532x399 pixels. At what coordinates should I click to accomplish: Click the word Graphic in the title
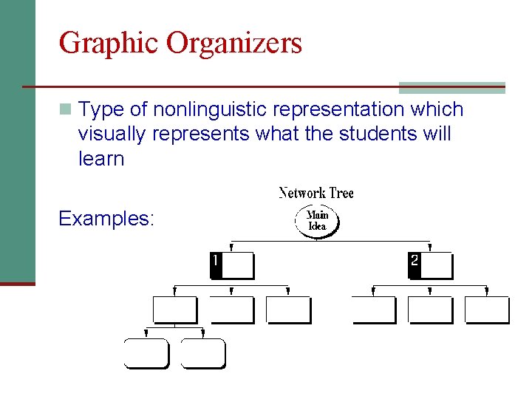[109, 43]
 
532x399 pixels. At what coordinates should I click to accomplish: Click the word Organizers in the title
[234, 43]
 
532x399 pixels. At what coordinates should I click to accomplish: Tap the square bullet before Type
[66, 110]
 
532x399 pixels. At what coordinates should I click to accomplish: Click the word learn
[101, 159]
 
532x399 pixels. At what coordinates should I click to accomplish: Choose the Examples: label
[106, 219]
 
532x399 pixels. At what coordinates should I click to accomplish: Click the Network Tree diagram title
[316, 194]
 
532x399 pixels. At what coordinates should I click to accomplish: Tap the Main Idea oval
[317, 221]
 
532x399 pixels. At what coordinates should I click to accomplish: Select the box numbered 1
[232, 265]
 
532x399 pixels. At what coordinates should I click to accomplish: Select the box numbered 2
[431, 265]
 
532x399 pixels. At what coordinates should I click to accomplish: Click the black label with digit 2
[415, 265]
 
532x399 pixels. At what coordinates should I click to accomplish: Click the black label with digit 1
[216, 265]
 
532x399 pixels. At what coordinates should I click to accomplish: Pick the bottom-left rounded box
[146, 353]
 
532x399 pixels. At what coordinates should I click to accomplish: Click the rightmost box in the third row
[487, 310]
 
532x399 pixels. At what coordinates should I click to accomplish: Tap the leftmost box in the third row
[174, 310]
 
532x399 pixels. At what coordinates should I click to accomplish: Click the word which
[437, 110]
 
